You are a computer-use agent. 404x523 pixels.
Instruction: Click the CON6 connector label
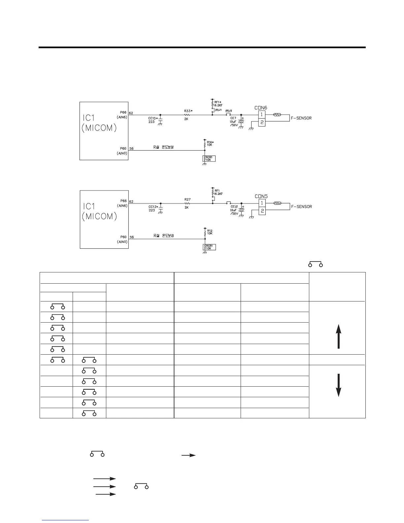tap(260, 108)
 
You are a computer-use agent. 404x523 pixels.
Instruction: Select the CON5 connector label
tap(261, 196)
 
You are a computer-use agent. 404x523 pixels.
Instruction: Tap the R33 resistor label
tap(188, 111)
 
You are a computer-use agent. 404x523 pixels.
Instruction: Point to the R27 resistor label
tap(187, 199)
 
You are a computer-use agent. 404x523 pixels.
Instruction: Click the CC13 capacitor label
tap(153, 118)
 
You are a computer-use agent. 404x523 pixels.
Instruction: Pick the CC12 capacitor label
tap(153, 207)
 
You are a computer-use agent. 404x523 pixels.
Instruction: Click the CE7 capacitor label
tap(233, 118)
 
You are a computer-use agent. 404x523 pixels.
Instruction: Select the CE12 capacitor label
tap(234, 206)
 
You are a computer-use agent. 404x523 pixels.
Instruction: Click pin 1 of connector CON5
tap(262, 203)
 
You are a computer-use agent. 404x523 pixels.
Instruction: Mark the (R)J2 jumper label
tap(229, 111)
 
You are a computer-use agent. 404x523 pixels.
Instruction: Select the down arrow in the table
tap(338, 385)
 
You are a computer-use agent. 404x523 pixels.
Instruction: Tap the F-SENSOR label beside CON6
tap(301, 118)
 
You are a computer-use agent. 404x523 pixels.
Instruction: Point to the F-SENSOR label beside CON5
tap(301, 207)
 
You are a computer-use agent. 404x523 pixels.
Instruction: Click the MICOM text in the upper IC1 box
tap(99, 128)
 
